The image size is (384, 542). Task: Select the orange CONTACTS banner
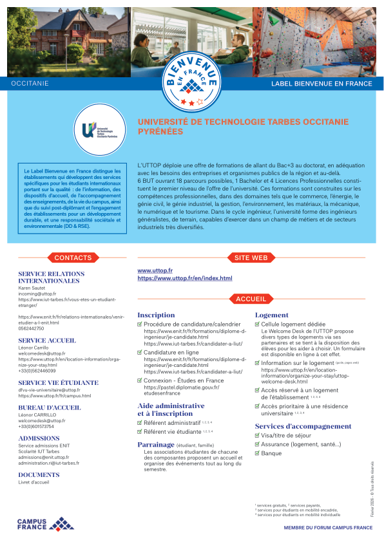point(73,257)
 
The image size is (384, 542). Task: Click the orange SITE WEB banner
point(250,257)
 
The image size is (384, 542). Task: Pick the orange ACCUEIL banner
point(251,299)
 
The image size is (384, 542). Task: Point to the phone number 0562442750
point(31,328)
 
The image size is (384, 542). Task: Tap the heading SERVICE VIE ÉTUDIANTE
point(58,382)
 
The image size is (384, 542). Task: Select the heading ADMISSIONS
point(39,438)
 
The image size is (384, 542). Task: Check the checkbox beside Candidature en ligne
point(139,353)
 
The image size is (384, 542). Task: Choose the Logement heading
point(271,315)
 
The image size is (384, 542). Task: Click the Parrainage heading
point(157,444)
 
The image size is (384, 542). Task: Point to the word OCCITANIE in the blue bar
point(30,84)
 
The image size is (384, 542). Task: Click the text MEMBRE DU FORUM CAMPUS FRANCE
point(328,528)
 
